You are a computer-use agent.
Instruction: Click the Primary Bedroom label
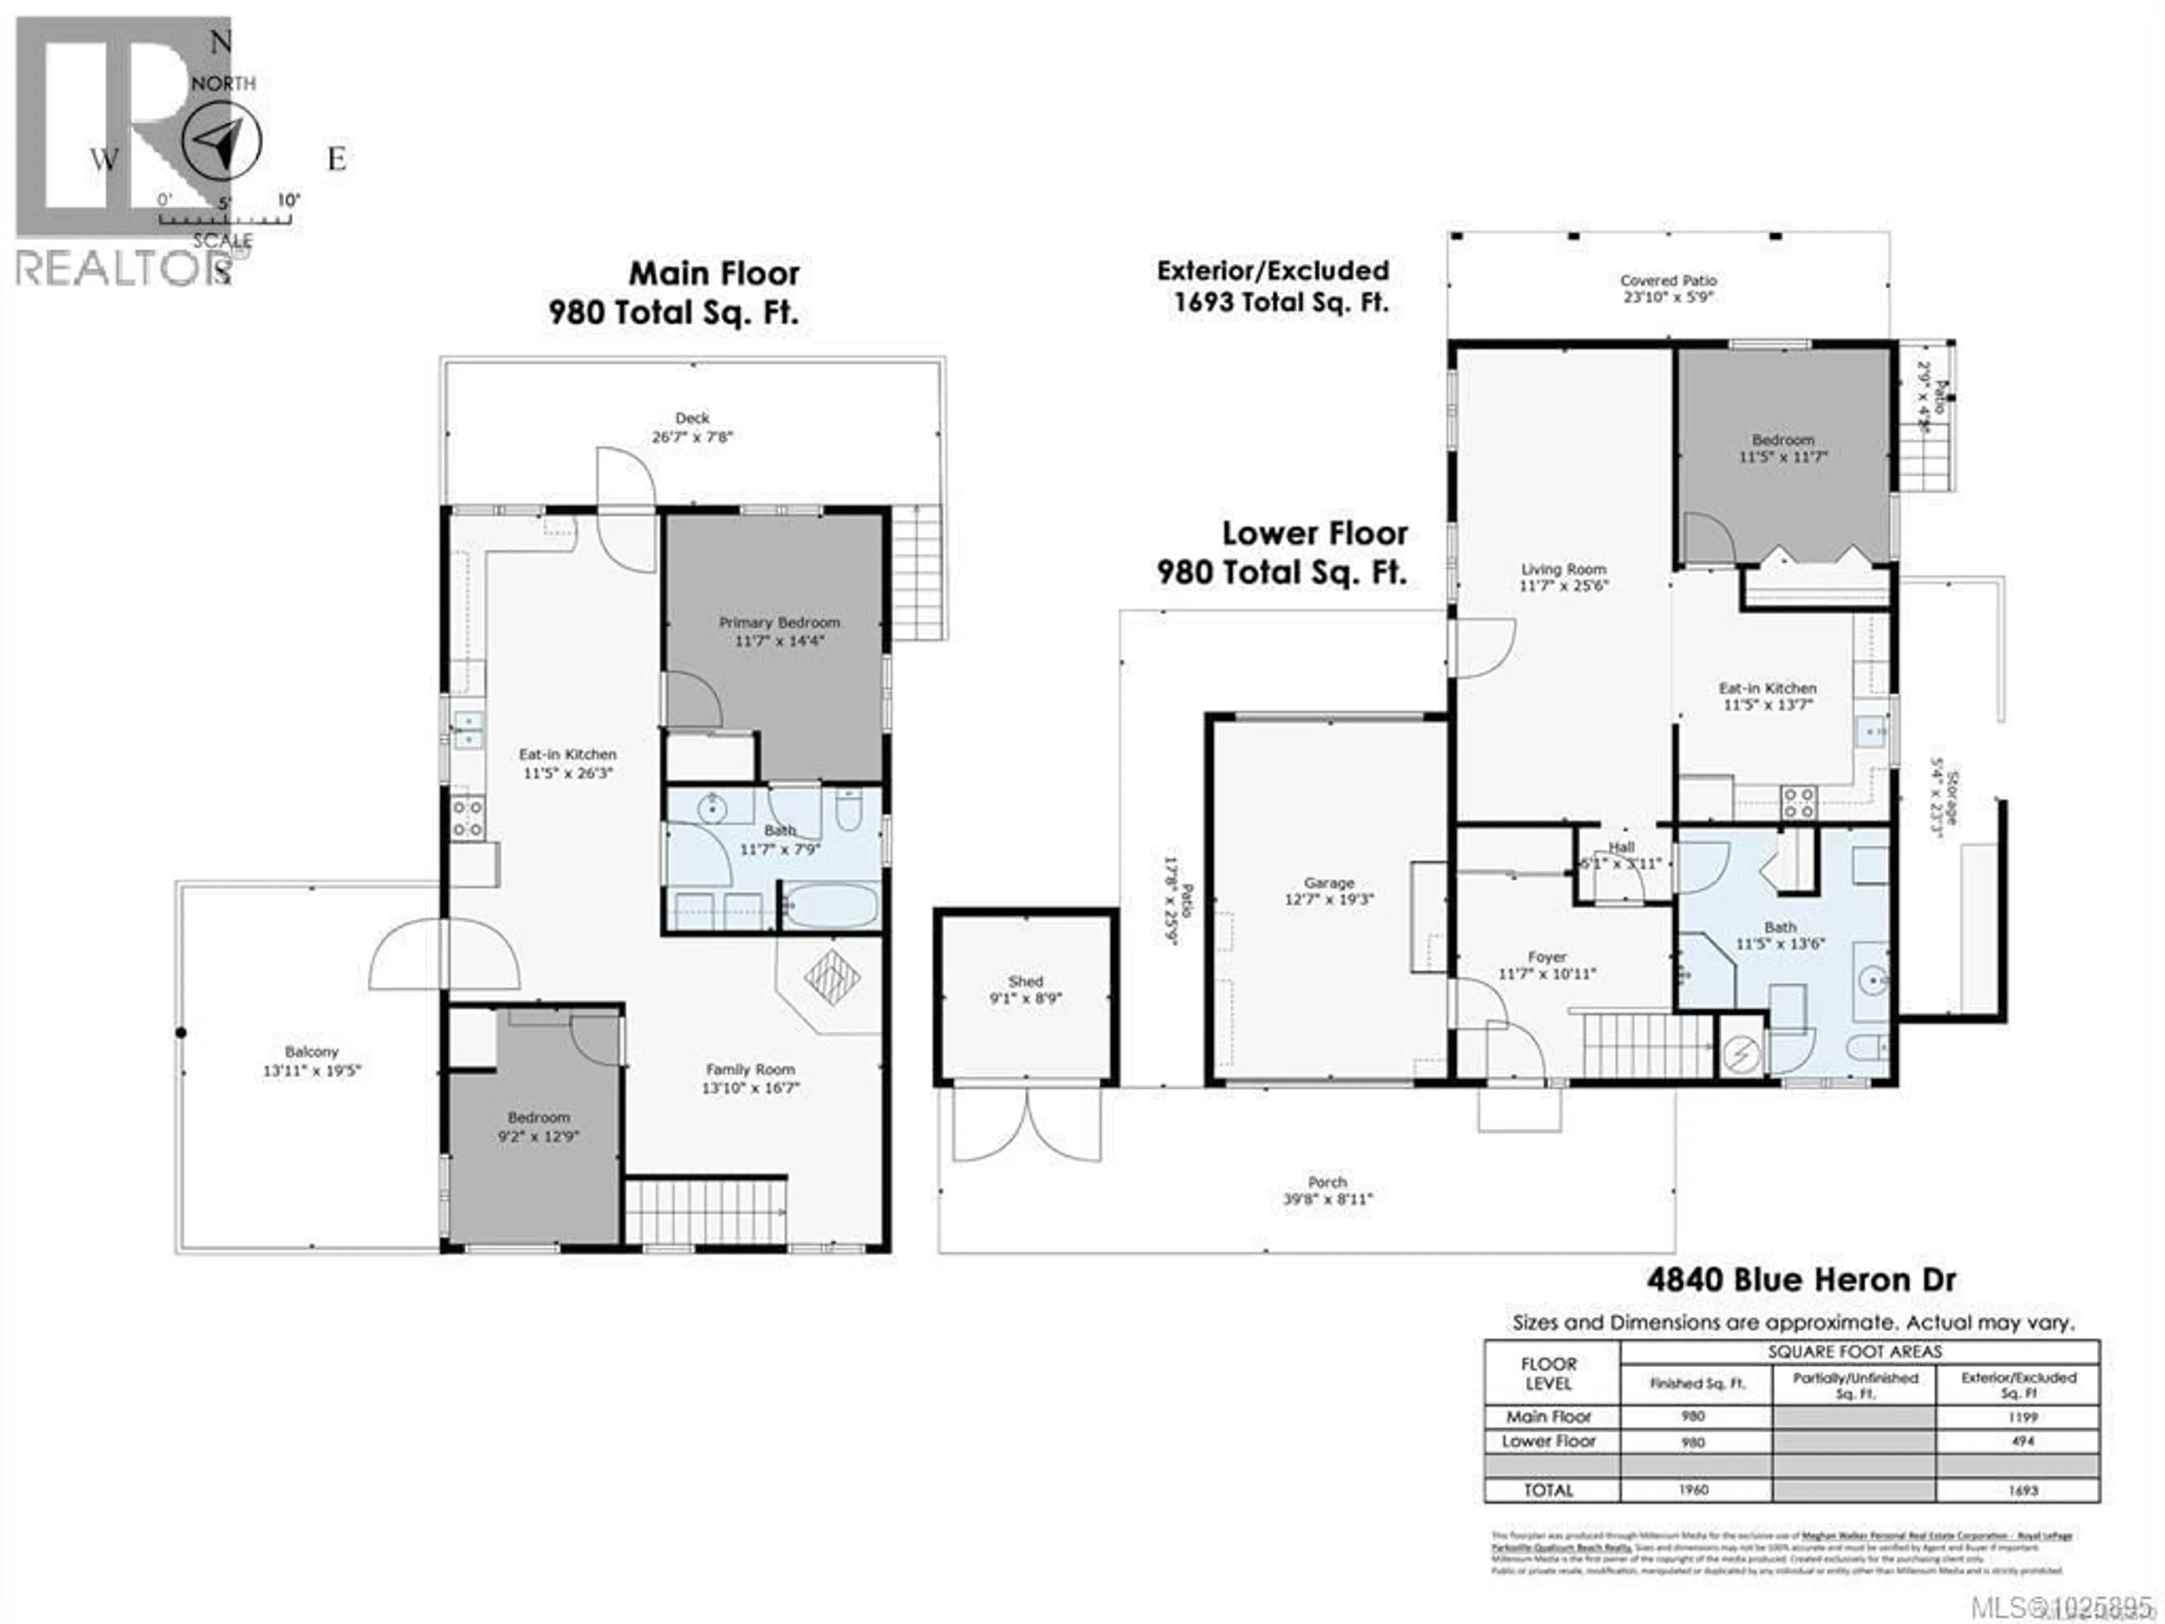pos(779,623)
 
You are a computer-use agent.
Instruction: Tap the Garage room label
pos(1328,882)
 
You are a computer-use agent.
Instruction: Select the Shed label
pos(1025,981)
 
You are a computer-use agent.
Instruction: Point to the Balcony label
pos(311,1051)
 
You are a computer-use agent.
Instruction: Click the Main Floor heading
pos(714,273)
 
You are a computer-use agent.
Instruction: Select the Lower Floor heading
pos(1314,533)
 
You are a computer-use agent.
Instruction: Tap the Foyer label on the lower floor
pos(1547,956)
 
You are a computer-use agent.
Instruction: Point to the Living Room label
pos(1563,569)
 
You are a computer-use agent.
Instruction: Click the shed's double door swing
pos(1027,1125)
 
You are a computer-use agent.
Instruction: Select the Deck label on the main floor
pos(692,418)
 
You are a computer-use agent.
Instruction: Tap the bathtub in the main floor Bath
pos(831,906)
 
